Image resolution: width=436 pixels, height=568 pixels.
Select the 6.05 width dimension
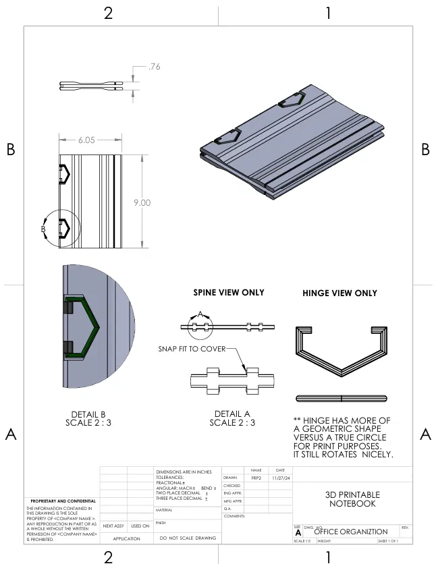click(86, 140)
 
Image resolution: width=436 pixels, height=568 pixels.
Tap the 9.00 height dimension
click(142, 202)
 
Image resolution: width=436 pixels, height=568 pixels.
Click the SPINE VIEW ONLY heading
click(229, 293)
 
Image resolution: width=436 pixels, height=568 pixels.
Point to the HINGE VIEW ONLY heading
click(339, 293)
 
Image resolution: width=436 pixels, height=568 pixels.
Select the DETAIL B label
click(88, 414)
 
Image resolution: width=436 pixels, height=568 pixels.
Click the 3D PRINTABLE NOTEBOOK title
click(353, 499)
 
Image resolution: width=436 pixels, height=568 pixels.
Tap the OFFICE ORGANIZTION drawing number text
click(351, 532)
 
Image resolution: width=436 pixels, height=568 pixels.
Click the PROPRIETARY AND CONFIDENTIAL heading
click(59, 501)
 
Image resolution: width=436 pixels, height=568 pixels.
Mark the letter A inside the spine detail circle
click(200, 314)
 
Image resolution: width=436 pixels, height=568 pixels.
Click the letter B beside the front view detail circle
click(43, 229)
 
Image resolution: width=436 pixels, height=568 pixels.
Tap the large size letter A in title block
click(298, 532)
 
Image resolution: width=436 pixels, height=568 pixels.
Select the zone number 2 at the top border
click(108, 13)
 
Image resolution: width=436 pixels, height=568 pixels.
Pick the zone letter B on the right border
click(425, 150)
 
